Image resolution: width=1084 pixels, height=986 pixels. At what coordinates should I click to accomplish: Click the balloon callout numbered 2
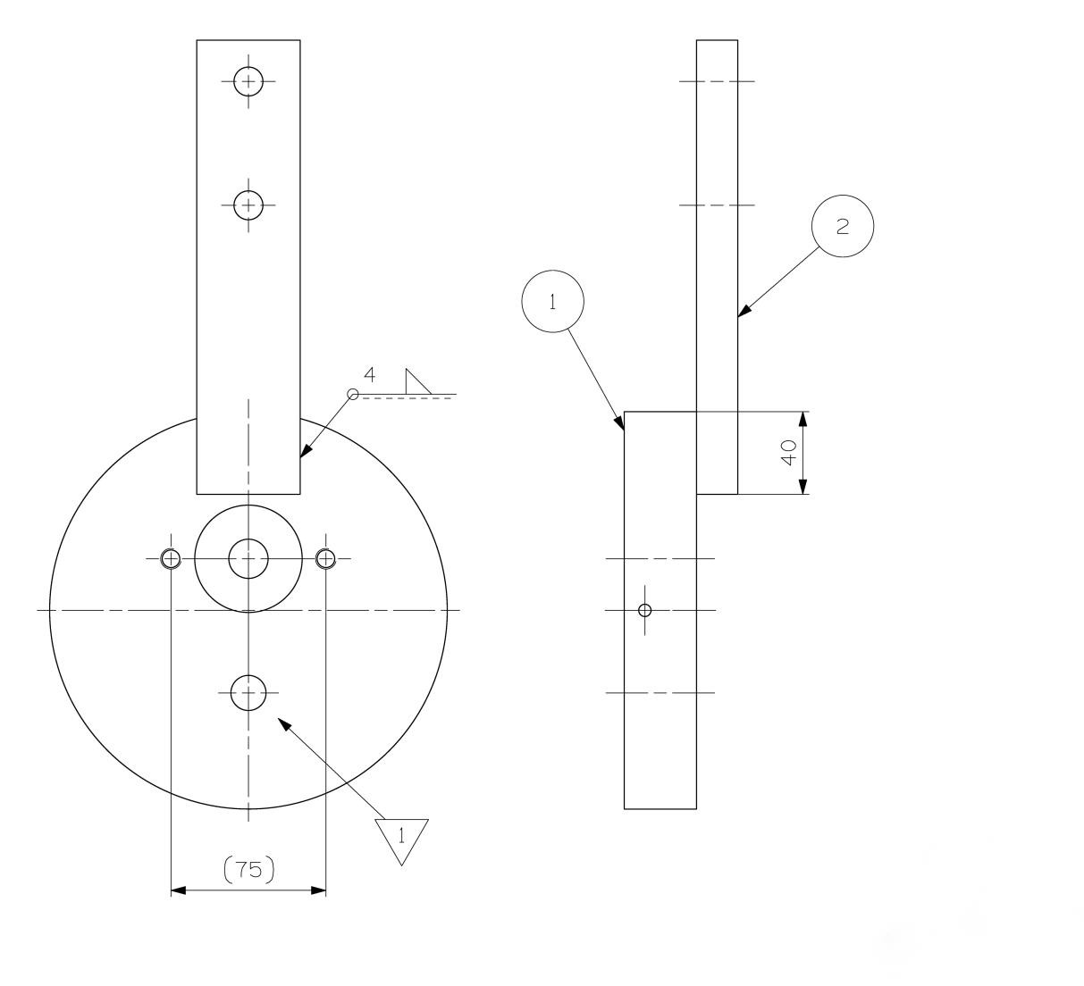pyautogui.click(x=842, y=227)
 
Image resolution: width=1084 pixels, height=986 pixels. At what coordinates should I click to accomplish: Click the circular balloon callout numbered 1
pyautogui.click(x=552, y=302)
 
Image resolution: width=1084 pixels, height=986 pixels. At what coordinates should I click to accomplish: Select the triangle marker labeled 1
pyautogui.click(x=401, y=838)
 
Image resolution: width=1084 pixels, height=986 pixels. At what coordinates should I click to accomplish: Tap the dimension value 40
pyautogui.click(x=789, y=453)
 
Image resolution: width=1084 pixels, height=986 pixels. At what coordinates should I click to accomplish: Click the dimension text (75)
pyautogui.click(x=248, y=869)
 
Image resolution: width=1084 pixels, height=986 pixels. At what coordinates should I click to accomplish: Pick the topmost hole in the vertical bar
pyautogui.click(x=248, y=81)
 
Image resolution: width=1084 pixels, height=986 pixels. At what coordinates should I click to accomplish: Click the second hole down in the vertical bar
pyautogui.click(x=248, y=205)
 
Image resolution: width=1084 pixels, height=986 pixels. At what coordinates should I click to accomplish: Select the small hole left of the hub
pyautogui.click(x=171, y=559)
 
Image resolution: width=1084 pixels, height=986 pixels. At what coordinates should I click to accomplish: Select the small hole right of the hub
pyautogui.click(x=326, y=559)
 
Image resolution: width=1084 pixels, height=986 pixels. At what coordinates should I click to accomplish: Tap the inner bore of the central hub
pyautogui.click(x=248, y=559)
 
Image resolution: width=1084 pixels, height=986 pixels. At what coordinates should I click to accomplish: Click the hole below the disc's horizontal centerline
pyautogui.click(x=248, y=692)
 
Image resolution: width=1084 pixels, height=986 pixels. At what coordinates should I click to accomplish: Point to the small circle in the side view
pyautogui.click(x=645, y=611)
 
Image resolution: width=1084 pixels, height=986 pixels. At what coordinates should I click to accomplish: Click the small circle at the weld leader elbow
pyautogui.click(x=352, y=395)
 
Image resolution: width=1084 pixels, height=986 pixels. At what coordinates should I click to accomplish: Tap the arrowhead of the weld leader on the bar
pyautogui.click(x=305, y=453)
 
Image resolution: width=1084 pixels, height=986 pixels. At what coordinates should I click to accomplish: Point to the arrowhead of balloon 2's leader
pyautogui.click(x=744, y=311)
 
